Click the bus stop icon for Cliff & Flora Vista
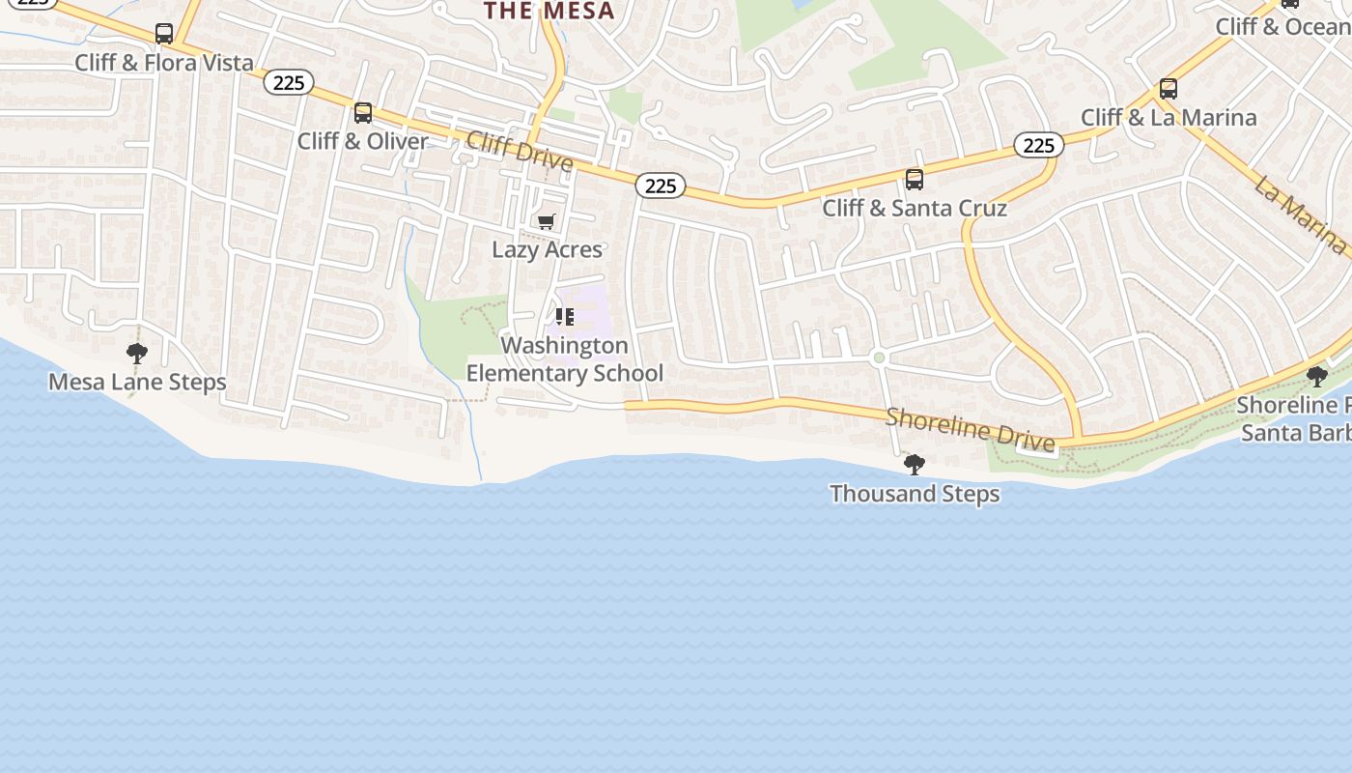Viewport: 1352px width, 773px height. coord(164,34)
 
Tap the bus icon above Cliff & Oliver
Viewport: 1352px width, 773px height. coord(363,113)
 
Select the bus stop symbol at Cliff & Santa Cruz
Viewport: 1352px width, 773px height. coord(914,180)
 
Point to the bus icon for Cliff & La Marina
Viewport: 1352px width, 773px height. coord(1169,89)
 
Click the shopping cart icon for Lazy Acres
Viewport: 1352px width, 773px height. coord(547,221)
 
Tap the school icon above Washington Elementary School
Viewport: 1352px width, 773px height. coord(565,317)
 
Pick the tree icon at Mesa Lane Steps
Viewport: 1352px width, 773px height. coord(137,354)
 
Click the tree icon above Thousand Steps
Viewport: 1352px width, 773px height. coord(914,466)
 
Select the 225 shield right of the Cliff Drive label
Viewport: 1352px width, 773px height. coord(661,186)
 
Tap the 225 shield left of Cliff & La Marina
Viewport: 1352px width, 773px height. coord(1038,145)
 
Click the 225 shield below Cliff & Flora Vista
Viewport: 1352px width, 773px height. coord(289,83)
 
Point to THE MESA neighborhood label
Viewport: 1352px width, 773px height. coord(549,12)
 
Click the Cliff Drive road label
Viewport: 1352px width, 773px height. coord(520,152)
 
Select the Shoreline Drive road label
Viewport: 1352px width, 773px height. coord(970,429)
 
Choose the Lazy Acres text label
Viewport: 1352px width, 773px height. coord(547,249)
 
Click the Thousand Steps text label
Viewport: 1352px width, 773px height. coord(915,494)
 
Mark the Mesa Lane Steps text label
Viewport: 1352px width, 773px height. coord(137,382)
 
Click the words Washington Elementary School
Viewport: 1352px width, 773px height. coord(565,359)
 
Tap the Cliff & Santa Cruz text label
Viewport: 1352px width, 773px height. coord(915,208)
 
